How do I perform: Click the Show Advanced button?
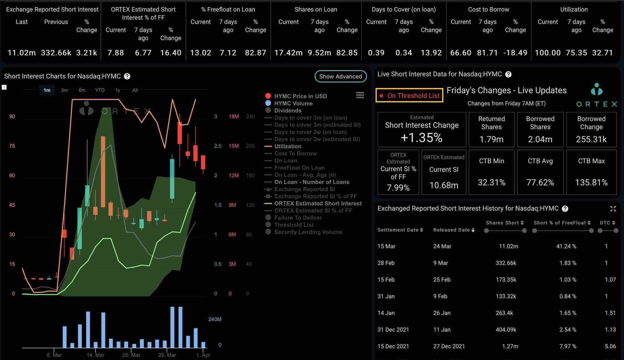(340, 76)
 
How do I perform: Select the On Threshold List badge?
(409, 96)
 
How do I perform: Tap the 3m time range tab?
(64, 90)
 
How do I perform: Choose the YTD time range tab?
(100, 90)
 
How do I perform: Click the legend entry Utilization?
(287, 146)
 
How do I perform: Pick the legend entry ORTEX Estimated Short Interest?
(317, 204)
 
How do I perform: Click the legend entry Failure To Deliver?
(297, 218)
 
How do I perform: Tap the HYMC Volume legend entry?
(293, 103)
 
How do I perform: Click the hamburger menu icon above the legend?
(360, 95)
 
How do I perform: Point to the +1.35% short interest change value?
(421, 137)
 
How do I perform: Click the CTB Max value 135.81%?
(591, 182)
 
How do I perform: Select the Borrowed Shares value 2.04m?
(540, 139)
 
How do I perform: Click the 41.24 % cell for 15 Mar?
(566, 246)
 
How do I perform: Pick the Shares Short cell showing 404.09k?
(506, 330)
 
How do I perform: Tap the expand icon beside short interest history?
(613, 209)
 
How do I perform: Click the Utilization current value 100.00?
(547, 53)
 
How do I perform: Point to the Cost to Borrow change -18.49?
(515, 53)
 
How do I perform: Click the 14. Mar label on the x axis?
(95, 355)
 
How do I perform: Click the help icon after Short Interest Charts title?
(127, 76)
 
